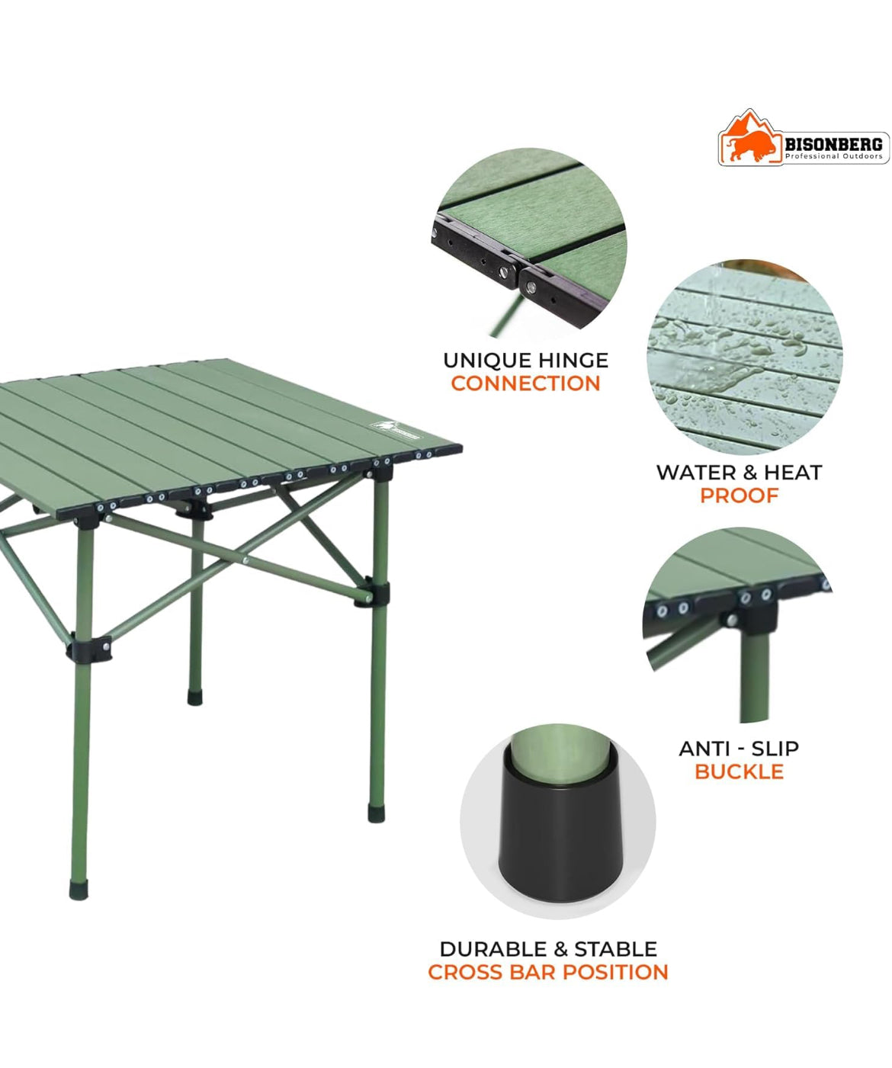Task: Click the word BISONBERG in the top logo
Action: pos(834,144)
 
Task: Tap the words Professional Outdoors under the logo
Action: pos(834,156)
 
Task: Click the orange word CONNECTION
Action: pos(525,383)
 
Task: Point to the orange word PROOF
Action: pos(739,496)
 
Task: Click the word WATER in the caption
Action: pos(693,472)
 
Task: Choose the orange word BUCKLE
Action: pos(739,771)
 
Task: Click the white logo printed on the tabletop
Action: pos(394,428)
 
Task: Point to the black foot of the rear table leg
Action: pos(195,698)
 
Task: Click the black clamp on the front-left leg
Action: pos(89,649)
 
